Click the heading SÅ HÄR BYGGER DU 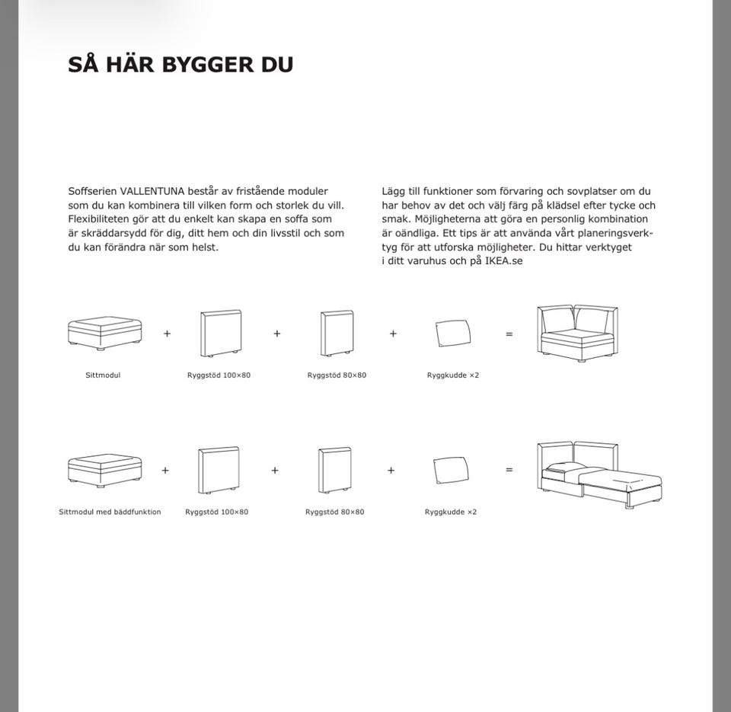click(180, 65)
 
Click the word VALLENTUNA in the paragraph click(152, 191)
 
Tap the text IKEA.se click(504, 260)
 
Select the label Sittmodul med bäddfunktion click(110, 512)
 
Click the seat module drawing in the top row click(104, 333)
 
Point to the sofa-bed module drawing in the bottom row click(104, 470)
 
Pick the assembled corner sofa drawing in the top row click(577, 333)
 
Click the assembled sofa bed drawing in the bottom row click(599, 474)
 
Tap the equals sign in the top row click(509, 334)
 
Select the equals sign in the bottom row click(509, 471)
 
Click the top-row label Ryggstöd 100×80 click(219, 375)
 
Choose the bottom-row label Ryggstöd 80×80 click(334, 512)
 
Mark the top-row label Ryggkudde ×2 click(453, 375)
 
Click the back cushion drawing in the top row click(453, 333)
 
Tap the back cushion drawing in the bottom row click(451, 470)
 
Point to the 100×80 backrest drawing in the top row click(221, 333)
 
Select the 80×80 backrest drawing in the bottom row click(335, 470)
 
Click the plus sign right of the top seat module click(167, 334)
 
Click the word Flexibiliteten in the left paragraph click(99, 219)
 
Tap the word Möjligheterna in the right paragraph click(448, 219)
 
